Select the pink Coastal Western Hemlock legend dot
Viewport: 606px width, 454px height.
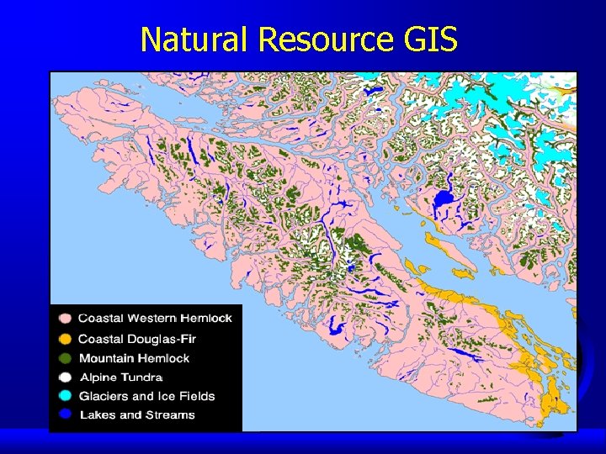(64, 319)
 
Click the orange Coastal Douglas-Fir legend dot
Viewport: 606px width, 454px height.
(64, 339)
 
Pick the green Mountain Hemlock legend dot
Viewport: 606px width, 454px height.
(64, 359)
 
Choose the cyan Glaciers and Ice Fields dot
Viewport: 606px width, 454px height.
(64, 397)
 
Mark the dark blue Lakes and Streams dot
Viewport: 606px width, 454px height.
(64, 415)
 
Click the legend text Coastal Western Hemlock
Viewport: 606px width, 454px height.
(155, 319)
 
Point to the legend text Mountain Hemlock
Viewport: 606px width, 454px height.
(134, 359)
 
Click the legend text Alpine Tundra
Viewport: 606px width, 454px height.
(121, 378)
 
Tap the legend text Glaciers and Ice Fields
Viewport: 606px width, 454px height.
(147, 397)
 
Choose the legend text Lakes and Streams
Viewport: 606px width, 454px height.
(137, 415)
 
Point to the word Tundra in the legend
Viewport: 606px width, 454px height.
(141, 378)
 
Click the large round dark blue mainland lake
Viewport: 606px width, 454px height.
(443, 200)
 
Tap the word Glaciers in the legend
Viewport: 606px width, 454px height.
(103, 397)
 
